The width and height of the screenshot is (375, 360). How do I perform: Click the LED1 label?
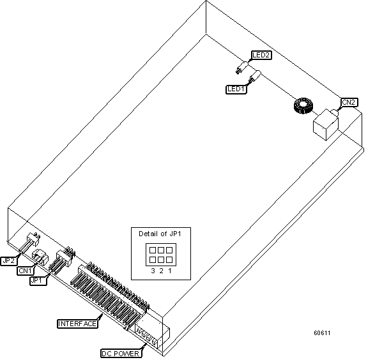(236, 89)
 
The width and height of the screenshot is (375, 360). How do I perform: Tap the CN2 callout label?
(349, 101)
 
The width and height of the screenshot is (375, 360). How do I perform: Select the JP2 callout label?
(10, 260)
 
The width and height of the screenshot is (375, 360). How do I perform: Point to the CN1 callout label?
(25, 270)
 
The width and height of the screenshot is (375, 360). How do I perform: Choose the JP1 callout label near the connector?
(38, 280)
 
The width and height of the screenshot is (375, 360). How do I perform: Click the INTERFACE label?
(77, 324)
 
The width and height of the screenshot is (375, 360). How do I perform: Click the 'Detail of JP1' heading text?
(160, 234)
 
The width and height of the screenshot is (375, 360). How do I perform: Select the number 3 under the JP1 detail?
(153, 271)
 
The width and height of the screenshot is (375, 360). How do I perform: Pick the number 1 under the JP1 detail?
(169, 271)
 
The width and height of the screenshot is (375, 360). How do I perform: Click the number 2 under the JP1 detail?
(161, 271)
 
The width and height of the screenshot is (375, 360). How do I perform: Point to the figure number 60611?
(322, 333)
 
